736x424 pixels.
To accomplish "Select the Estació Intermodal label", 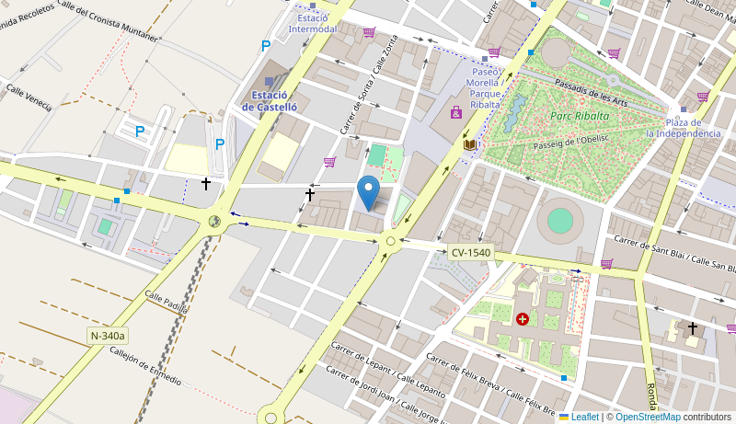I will pyautogui.click(x=313, y=23).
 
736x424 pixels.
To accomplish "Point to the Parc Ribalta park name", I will pyautogui.click(x=580, y=116).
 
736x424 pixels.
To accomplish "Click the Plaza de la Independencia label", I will pyautogui.click(x=683, y=128).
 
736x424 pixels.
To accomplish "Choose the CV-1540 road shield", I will pyautogui.click(x=471, y=252).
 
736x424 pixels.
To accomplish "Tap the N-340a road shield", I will pyautogui.click(x=108, y=336).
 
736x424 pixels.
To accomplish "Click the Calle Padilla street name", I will pyautogui.click(x=166, y=302).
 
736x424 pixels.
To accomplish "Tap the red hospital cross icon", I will pyautogui.click(x=523, y=319).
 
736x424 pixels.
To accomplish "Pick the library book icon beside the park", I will pyautogui.click(x=470, y=144).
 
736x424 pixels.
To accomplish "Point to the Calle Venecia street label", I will pyautogui.click(x=29, y=97).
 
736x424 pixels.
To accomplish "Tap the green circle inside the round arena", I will pyautogui.click(x=559, y=221).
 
